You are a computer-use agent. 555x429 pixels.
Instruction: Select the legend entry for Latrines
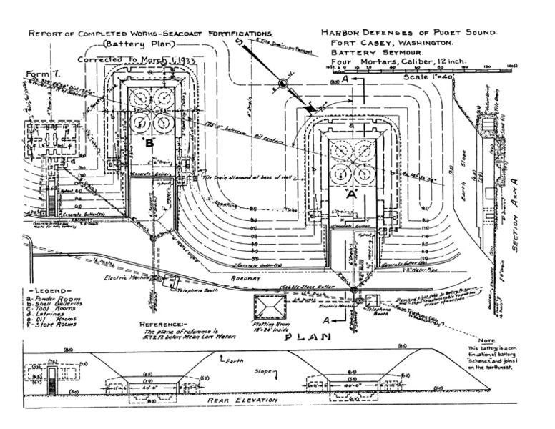click(49, 312)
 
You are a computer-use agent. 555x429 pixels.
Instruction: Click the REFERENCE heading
click(164, 324)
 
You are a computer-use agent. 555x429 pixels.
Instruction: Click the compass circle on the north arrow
click(283, 84)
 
